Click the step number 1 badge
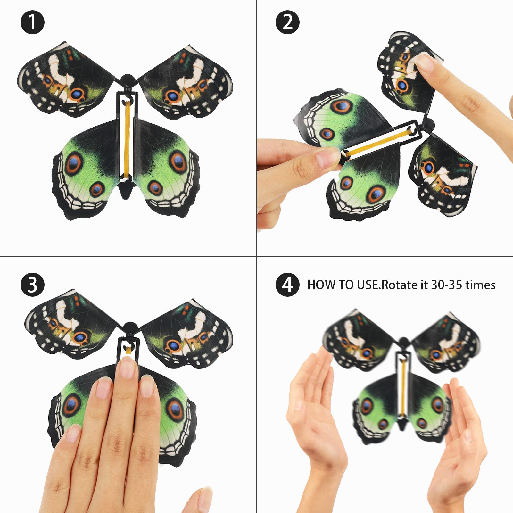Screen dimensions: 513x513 [x=32, y=22]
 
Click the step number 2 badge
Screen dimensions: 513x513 [x=287, y=22]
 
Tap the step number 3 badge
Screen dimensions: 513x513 [x=32, y=285]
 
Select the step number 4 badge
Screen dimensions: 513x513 [x=287, y=285]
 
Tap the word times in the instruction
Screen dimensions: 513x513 [x=480, y=285]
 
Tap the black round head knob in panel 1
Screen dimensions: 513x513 [x=127, y=80]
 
